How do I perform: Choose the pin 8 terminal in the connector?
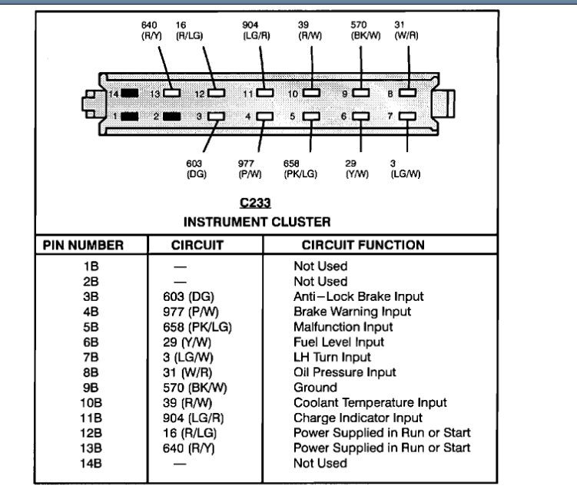[407, 93]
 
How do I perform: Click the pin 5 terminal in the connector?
[311, 117]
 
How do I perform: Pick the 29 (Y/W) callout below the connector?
[353, 167]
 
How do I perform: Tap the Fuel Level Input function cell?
[339, 342]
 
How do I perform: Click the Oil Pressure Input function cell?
[345, 372]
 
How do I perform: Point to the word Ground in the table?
[315, 388]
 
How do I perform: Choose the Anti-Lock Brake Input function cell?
[359, 297]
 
